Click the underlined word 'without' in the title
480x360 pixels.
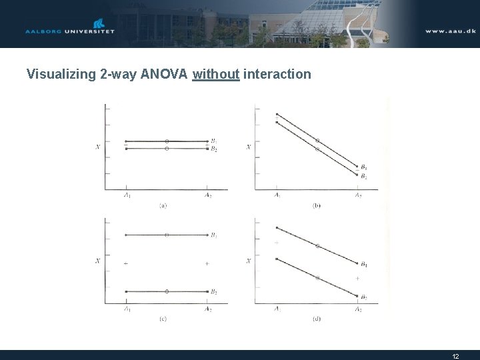tap(215, 74)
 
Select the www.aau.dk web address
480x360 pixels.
tap(451, 31)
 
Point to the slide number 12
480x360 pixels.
tap(455, 356)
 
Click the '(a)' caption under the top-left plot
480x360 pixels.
tap(163, 206)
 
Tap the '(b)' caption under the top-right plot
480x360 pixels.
tap(317, 206)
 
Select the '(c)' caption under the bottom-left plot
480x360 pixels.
tap(163, 319)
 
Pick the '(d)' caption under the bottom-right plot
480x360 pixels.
tap(317, 319)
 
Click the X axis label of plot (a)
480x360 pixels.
tap(98, 146)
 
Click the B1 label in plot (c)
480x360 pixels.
tap(213, 235)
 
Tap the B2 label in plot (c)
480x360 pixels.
tap(213, 291)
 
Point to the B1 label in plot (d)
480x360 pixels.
tap(363, 265)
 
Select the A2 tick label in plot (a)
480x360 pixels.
tap(208, 195)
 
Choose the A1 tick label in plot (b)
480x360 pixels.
tap(277, 195)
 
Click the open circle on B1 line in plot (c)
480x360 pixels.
tap(167, 235)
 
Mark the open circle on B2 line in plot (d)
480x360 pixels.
tap(317, 277)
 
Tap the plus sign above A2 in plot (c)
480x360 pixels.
tap(207, 264)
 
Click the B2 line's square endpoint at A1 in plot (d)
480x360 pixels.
tap(277, 259)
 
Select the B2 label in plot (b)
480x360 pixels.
tap(363, 177)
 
